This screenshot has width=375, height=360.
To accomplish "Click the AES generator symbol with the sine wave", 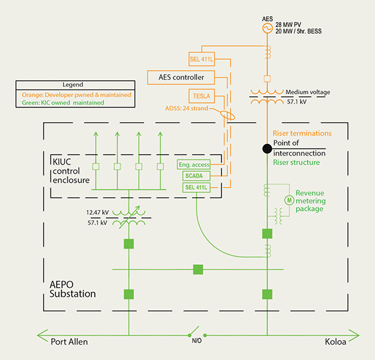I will (266, 26).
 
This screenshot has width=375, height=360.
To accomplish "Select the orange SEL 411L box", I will (202, 60).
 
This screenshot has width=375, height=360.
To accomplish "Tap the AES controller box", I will (182, 78).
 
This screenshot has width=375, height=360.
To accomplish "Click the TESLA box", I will (202, 96).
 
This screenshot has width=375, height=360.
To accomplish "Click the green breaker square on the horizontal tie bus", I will (198, 269).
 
